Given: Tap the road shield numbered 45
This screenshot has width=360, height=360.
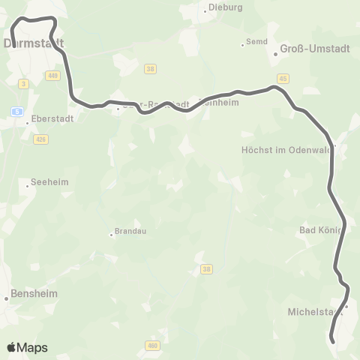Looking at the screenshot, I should [283, 77].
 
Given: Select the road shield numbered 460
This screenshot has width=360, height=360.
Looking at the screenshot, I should [153, 345].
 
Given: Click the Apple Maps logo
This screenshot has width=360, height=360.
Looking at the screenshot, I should [27, 347].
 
